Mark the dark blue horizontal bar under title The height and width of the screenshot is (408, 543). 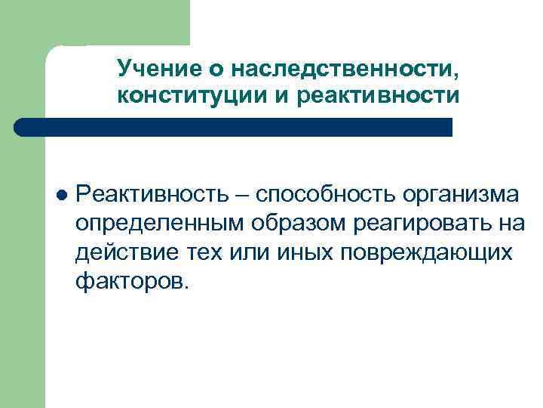(x=234, y=126)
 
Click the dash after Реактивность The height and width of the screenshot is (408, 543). (x=245, y=196)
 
